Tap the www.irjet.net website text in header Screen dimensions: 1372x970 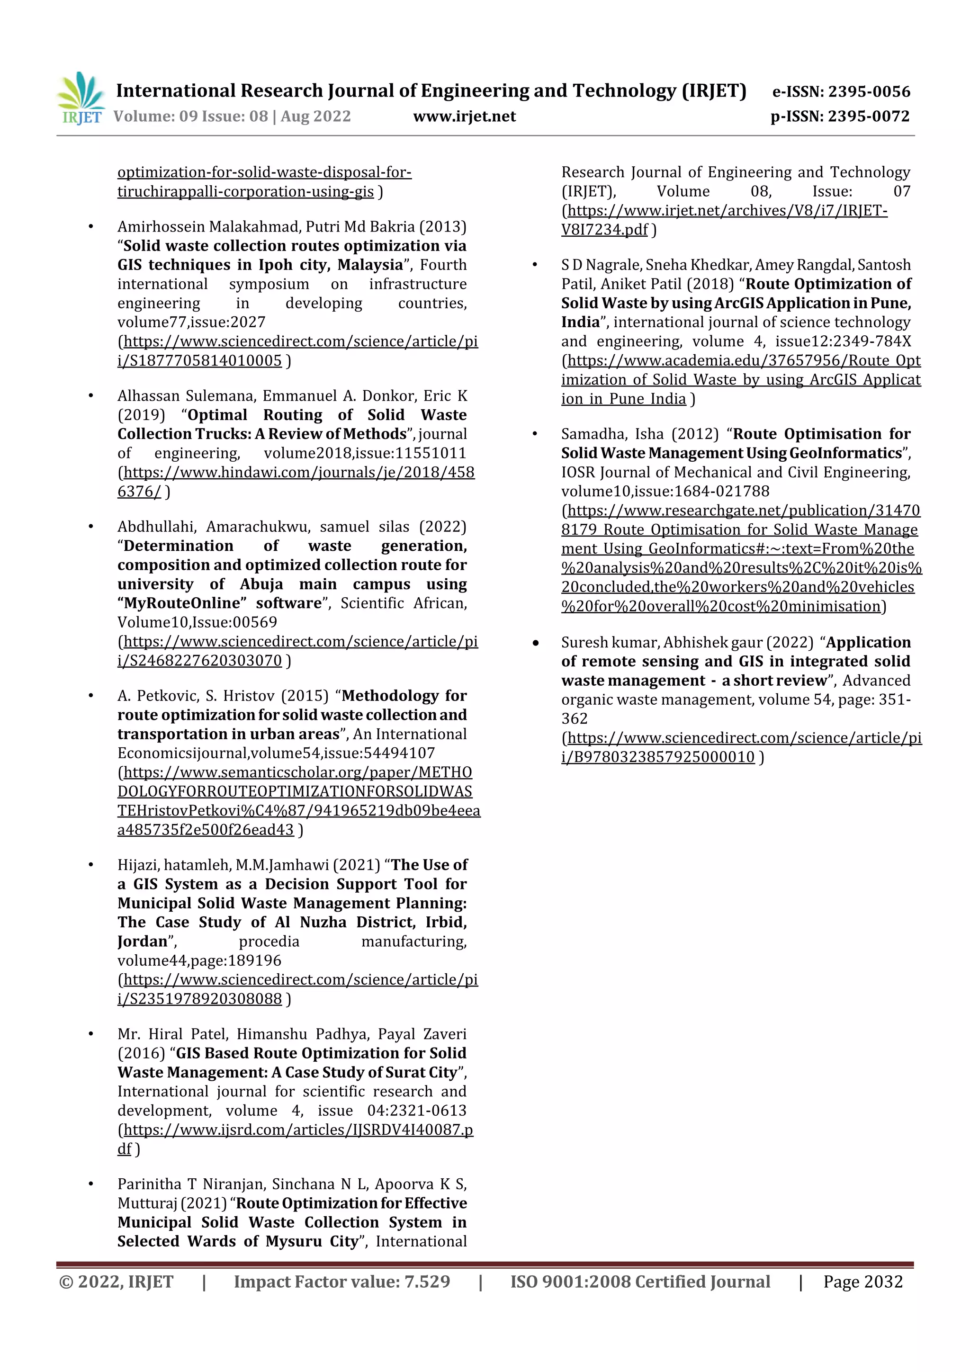click(464, 117)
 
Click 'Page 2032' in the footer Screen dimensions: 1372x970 click(862, 1282)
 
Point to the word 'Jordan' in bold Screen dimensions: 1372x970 click(142, 941)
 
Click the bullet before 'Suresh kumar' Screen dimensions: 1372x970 click(536, 643)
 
